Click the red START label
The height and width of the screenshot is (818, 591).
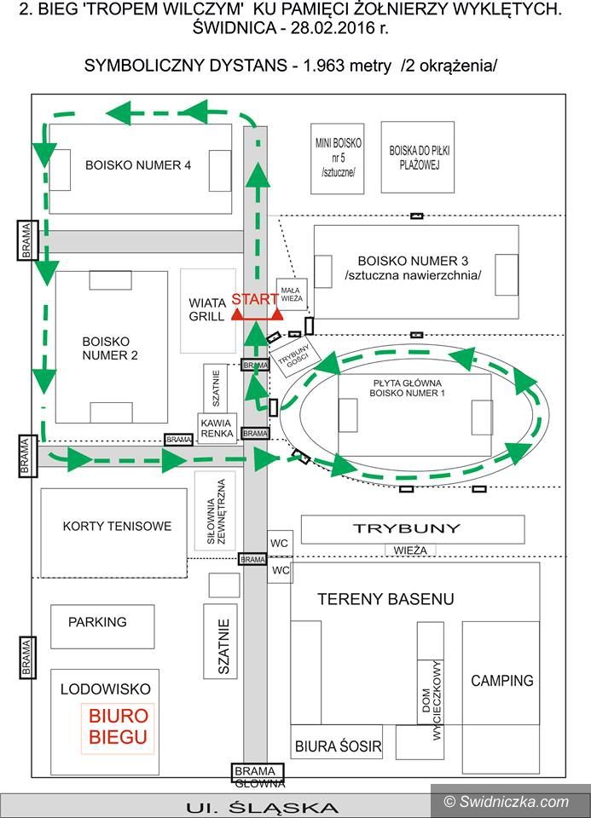pyautogui.click(x=254, y=299)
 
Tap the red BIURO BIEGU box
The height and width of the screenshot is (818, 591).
pyautogui.click(x=118, y=727)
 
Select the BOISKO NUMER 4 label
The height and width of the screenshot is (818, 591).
pyautogui.click(x=137, y=165)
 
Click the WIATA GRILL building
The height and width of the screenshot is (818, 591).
pyautogui.click(x=207, y=310)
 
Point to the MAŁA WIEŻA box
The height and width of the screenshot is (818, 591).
pyautogui.click(x=291, y=294)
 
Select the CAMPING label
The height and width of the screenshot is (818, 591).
pyautogui.click(x=502, y=681)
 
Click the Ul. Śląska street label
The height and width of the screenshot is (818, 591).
pyautogui.click(x=262, y=807)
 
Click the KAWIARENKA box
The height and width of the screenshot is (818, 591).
pyautogui.click(x=217, y=428)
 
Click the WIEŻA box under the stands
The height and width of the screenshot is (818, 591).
pyautogui.click(x=410, y=550)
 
